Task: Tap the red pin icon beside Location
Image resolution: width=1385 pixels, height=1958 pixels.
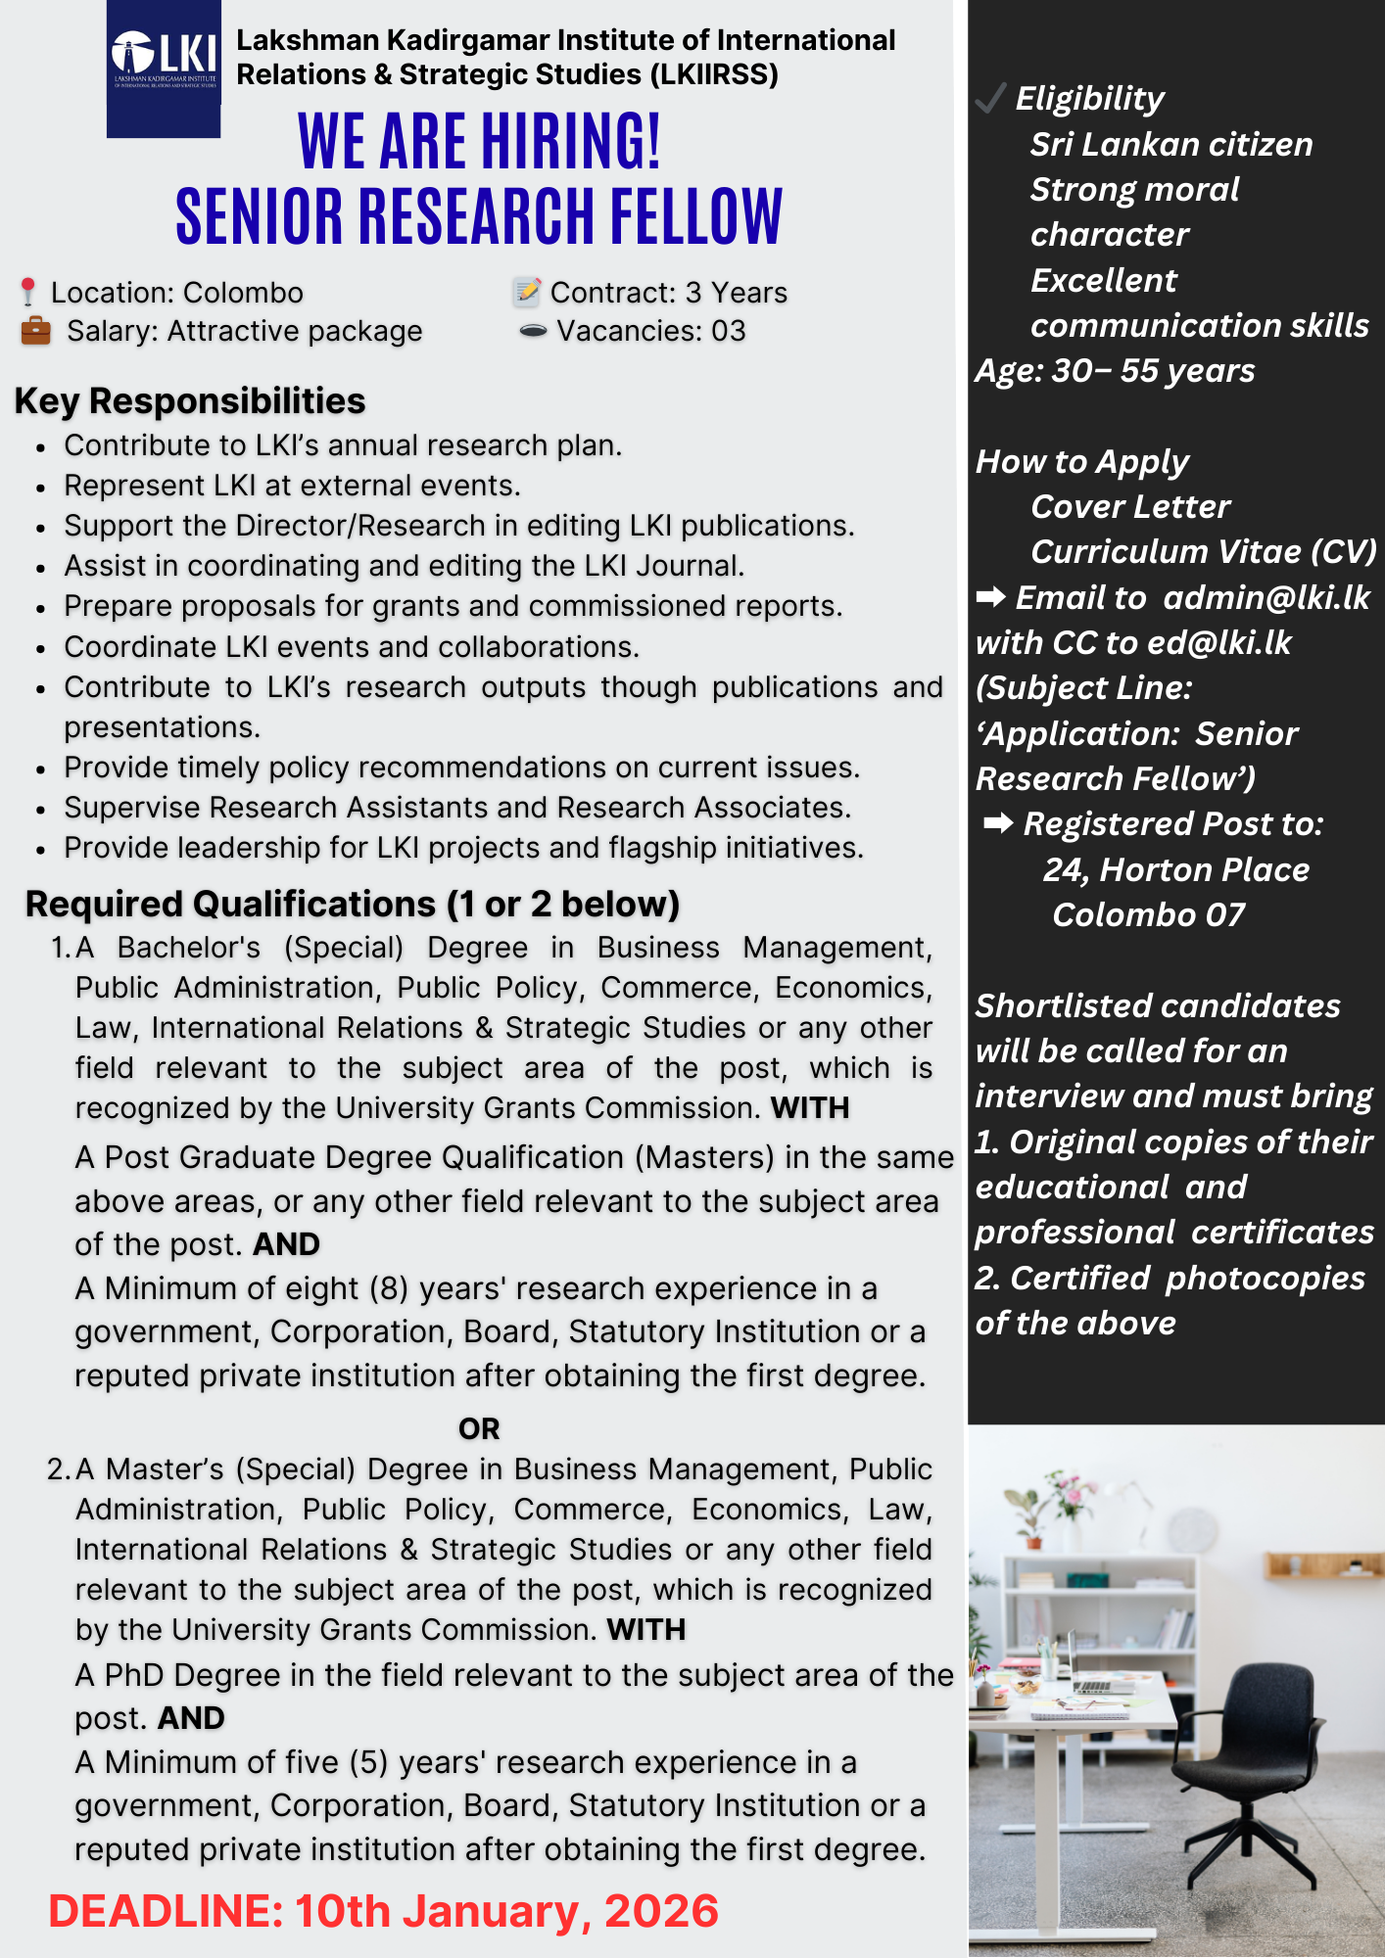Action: (x=28, y=292)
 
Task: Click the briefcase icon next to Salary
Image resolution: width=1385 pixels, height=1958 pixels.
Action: (x=35, y=331)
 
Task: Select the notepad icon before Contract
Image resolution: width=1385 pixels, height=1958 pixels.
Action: (x=527, y=292)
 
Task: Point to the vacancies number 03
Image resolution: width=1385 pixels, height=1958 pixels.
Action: (x=728, y=331)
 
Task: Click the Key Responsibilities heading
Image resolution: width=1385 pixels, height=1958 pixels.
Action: (x=190, y=401)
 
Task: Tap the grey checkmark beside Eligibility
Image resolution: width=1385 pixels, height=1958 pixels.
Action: (x=990, y=98)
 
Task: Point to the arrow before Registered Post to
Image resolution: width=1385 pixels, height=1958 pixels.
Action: (x=998, y=823)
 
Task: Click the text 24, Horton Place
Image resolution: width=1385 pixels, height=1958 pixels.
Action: (x=1175, y=869)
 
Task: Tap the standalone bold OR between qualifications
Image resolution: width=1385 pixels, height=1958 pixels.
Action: (x=479, y=1428)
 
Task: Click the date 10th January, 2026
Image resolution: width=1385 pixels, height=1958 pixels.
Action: (x=506, y=1911)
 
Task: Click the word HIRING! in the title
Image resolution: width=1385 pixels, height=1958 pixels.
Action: (x=570, y=142)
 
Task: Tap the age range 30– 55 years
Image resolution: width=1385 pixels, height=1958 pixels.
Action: (x=1153, y=371)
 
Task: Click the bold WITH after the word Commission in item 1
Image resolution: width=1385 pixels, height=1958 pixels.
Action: (x=810, y=1107)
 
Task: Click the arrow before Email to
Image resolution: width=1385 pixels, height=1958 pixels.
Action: (x=990, y=597)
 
